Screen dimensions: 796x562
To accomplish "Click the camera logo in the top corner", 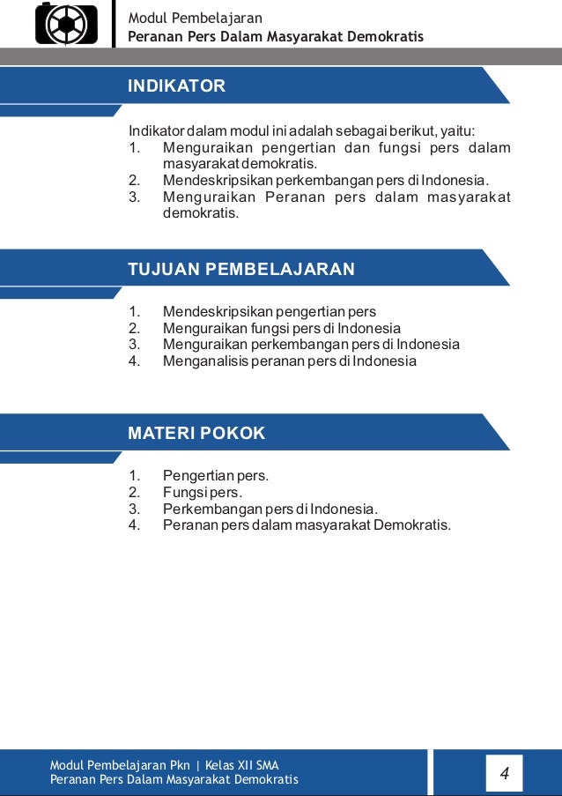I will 66,24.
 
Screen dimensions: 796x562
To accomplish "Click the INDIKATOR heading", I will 177,86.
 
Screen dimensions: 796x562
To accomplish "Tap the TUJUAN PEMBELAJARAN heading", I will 241,270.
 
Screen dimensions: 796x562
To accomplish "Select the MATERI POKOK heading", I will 196,434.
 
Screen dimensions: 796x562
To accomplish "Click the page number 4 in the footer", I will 504,774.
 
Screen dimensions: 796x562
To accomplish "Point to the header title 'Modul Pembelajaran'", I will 195,18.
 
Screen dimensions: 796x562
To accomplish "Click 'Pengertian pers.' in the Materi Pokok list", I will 216,476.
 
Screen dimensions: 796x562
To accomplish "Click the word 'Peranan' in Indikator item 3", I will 293,197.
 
